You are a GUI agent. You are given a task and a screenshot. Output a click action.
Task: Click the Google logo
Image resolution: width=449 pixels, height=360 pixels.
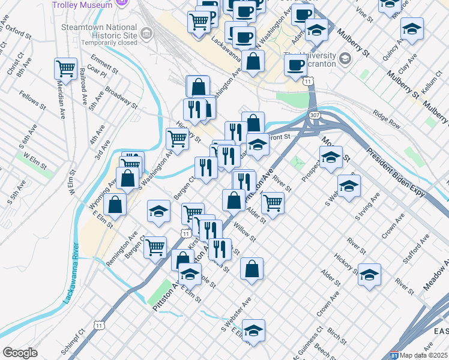[x=20, y=353]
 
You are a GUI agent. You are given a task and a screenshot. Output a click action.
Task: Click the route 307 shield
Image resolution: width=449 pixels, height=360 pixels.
[x=315, y=115]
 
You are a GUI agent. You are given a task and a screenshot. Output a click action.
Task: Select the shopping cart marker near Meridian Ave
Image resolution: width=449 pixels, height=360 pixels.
[x=65, y=68]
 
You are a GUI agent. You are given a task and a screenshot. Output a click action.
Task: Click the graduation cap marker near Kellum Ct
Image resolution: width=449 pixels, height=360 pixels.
[x=412, y=28]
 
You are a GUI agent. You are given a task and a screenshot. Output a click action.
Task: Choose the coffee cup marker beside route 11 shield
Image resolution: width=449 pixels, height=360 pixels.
[x=295, y=65]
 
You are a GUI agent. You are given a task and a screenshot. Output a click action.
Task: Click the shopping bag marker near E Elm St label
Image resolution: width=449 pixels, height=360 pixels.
[x=115, y=204]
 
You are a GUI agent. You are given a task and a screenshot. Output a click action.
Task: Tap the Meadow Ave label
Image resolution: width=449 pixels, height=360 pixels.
[x=436, y=276]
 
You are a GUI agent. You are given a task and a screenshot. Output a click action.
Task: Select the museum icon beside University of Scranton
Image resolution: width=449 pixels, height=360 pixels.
[x=345, y=59]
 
